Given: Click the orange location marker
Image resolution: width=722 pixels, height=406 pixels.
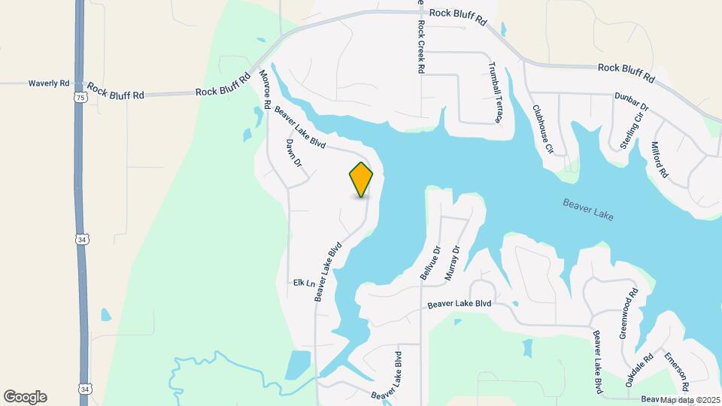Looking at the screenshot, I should click(x=361, y=179).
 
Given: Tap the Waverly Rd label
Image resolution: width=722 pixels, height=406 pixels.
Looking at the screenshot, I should click(x=49, y=83).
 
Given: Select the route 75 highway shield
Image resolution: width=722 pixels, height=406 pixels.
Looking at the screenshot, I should click(x=80, y=98).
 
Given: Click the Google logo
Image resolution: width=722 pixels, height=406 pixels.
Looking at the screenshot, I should click(x=25, y=397).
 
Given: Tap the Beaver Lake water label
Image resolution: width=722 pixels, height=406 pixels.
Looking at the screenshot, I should click(x=588, y=210).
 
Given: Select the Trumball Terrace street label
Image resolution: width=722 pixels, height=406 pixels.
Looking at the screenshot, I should click(x=496, y=92).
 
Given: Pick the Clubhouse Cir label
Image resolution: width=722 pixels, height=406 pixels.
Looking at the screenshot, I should click(x=543, y=129).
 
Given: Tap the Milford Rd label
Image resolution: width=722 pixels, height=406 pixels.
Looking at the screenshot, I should click(x=659, y=159).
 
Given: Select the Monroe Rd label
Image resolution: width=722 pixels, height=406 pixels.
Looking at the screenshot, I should click(x=265, y=88).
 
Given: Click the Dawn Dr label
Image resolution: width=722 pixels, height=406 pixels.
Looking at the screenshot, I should click(x=293, y=153).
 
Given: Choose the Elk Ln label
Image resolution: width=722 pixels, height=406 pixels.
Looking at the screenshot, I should click(x=304, y=283).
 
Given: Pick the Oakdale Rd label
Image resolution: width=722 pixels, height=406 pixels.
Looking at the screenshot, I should click(x=639, y=371).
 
